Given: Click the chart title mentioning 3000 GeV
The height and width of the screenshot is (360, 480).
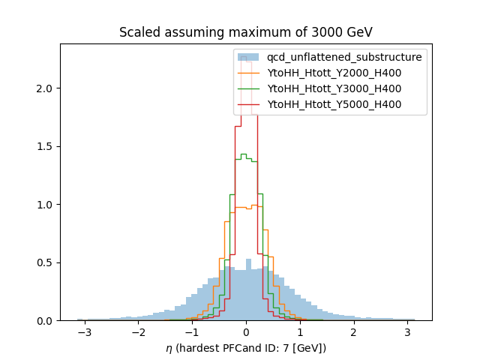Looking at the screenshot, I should (x=245, y=32).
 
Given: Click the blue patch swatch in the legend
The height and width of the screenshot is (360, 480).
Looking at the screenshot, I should (x=248, y=57).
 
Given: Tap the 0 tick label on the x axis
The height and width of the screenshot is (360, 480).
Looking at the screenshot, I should (x=246, y=331).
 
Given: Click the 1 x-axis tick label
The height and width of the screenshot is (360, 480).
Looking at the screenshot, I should (x=300, y=331).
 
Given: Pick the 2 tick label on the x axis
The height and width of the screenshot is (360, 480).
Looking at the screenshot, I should (x=353, y=331).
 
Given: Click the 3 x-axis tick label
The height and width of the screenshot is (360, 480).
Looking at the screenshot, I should (x=407, y=331).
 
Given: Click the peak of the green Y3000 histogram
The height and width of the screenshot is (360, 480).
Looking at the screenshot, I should (x=243, y=154).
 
